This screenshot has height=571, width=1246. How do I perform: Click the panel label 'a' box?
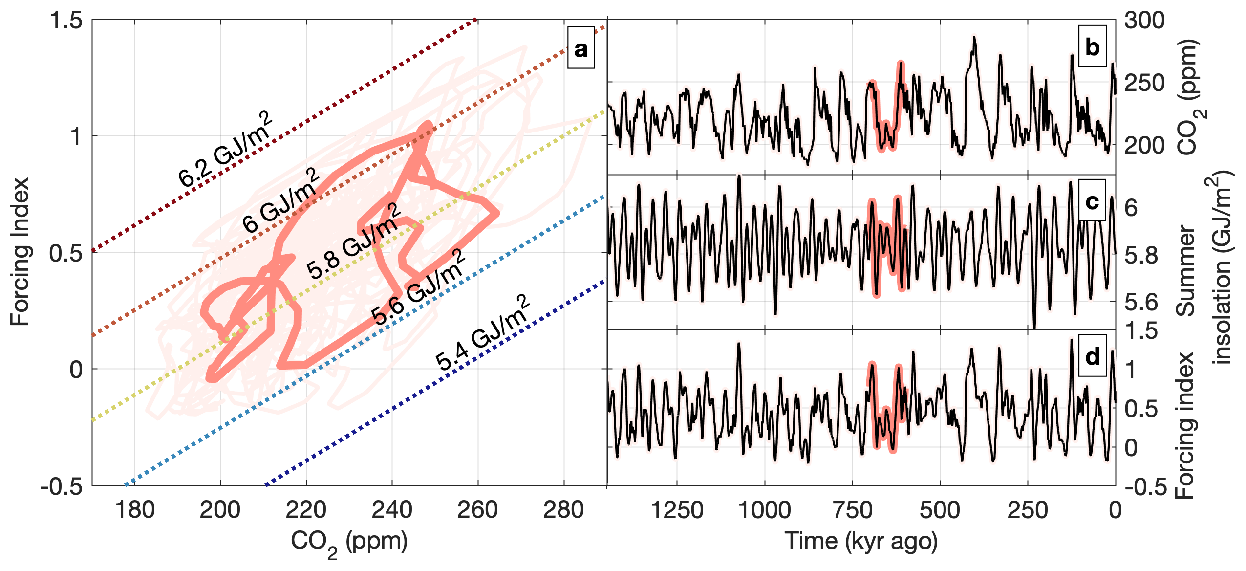[x=580, y=48]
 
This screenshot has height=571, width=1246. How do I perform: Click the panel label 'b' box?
[x=1092, y=46]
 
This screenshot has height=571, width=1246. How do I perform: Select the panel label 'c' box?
[x=1092, y=200]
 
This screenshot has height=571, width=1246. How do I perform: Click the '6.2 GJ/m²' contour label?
[x=225, y=149]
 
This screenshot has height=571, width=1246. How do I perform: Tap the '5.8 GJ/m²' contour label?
[x=354, y=242]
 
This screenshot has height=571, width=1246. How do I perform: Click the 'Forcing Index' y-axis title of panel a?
[x=21, y=252]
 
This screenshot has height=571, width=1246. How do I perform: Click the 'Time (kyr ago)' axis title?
[x=861, y=541]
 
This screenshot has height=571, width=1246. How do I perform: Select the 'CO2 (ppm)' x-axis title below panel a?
[x=349, y=543]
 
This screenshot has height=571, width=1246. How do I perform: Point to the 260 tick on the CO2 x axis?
[x=477, y=510]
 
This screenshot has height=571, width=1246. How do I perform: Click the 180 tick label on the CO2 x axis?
[x=135, y=510]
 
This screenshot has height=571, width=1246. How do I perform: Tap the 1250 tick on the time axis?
[x=677, y=510]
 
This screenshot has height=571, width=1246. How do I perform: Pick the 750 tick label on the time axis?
[x=853, y=510]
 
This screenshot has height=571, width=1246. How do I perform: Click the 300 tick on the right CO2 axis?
[x=1144, y=21]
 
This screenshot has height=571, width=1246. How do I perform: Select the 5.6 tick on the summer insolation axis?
[x=1141, y=303]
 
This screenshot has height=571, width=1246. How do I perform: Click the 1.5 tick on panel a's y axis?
[x=66, y=21]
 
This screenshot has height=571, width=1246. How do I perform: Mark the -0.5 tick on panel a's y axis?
[x=62, y=486]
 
